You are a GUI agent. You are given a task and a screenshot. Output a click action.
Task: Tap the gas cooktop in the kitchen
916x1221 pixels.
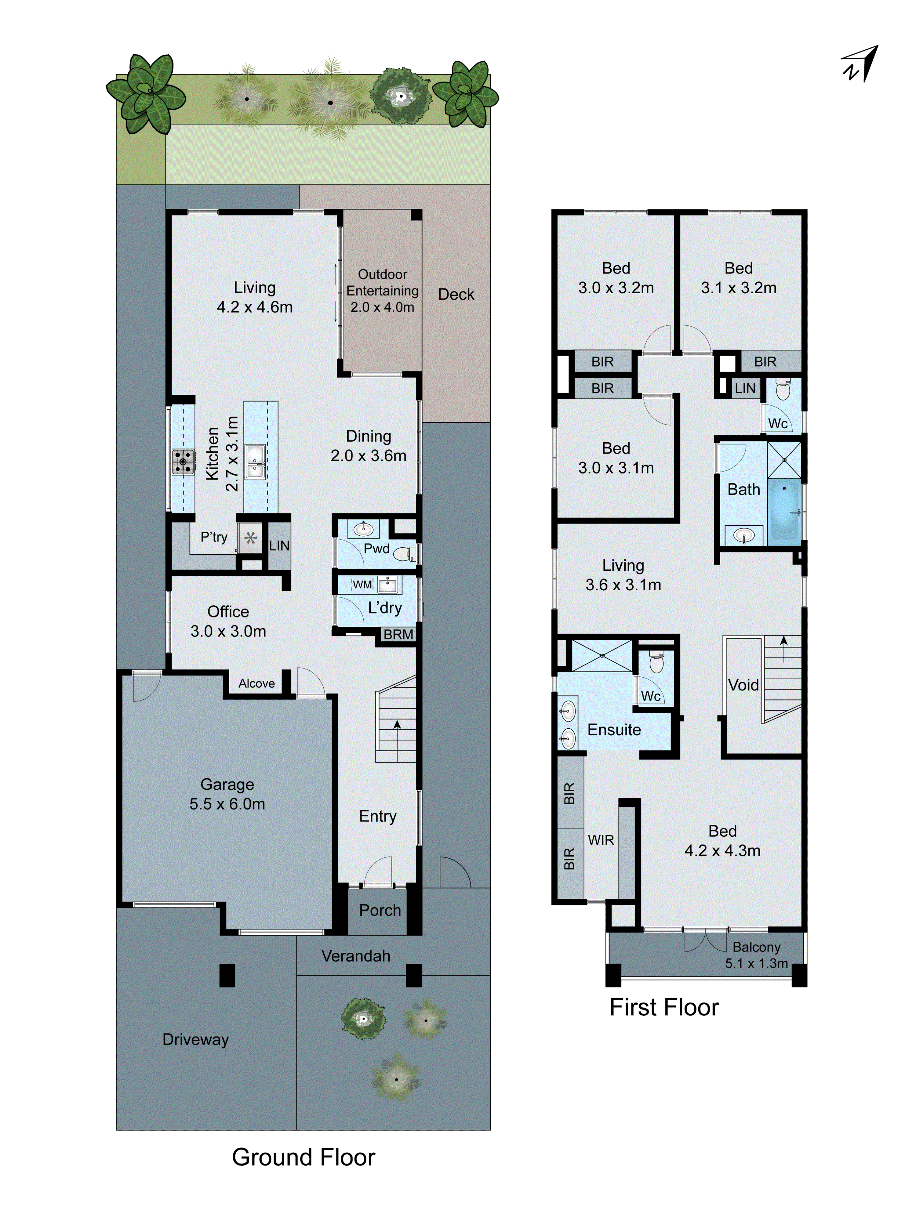(183, 462)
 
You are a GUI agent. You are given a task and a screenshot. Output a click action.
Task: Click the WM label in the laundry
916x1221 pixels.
(362, 585)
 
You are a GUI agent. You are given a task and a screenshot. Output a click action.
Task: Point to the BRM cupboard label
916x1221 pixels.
(398, 635)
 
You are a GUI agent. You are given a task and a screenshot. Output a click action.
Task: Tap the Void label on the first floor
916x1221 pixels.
(743, 685)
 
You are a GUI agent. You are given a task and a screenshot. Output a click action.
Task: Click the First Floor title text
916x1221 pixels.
(664, 1007)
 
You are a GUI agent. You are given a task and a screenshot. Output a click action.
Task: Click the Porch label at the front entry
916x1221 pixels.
(380, 910)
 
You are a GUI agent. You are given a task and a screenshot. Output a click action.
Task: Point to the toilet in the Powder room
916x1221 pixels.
(404, 553)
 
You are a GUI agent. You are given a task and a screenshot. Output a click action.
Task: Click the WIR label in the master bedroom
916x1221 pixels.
(601, 840)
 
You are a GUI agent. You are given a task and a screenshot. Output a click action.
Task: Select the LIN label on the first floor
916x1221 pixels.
(745, 389)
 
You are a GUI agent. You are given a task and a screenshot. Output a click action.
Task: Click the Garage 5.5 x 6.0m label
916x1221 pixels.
(227, 794)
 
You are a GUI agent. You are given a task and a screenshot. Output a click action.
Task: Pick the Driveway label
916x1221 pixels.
(195, 1039)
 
